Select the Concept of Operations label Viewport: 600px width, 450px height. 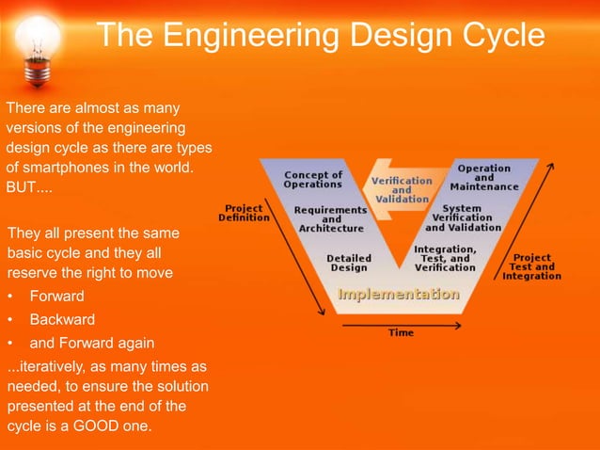pyautogui.click(x=313, y=179)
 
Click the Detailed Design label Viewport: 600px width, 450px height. pyautogui.click(x=348, y=262)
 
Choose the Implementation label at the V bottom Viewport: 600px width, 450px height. pyautogui.click(x=399, y=295)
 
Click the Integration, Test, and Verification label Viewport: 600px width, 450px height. pyautogui.click(x=445, y=258)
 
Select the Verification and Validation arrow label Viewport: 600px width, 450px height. pyautogui.click(x=402, y=189)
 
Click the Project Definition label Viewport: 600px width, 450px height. pyautogui.click(x=244, y=212)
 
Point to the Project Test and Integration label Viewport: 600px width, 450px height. pyautogui.click(x=531, y=266)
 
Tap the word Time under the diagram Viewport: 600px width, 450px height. pyautogui.click(x=401, y=332)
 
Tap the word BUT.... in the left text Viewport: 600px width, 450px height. pyautogui.click(x=29, y=187)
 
